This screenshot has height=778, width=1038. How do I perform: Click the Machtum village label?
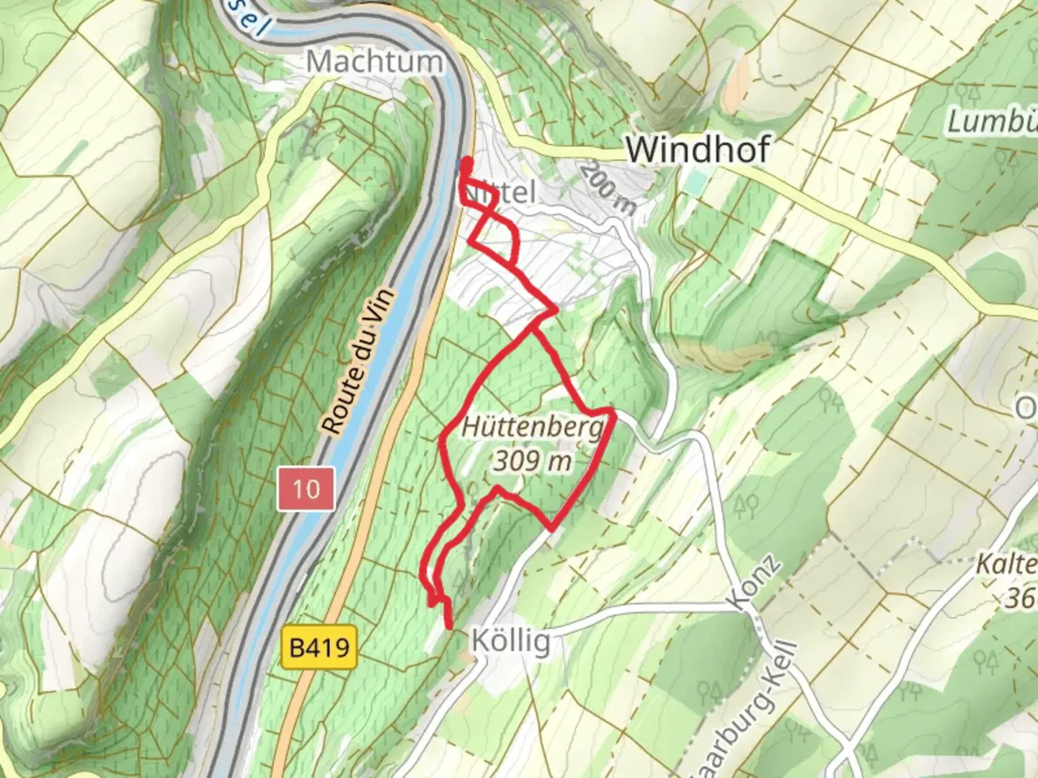point(374,62)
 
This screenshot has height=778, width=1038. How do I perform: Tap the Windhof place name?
point(697,150)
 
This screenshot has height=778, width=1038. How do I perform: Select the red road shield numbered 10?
point(306,489)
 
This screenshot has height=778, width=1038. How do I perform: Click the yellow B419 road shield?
point(319,646)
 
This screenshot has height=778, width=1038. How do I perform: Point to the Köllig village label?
point(511,640)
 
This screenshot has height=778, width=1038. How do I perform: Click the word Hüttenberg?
point(532,427)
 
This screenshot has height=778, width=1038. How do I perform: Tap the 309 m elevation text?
point(533,461)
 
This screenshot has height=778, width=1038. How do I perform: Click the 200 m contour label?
point(608,188)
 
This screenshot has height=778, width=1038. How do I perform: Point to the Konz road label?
point(754,583)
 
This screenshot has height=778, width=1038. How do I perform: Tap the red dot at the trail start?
point(467,161)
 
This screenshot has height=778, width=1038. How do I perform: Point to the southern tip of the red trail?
point(451,627)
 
